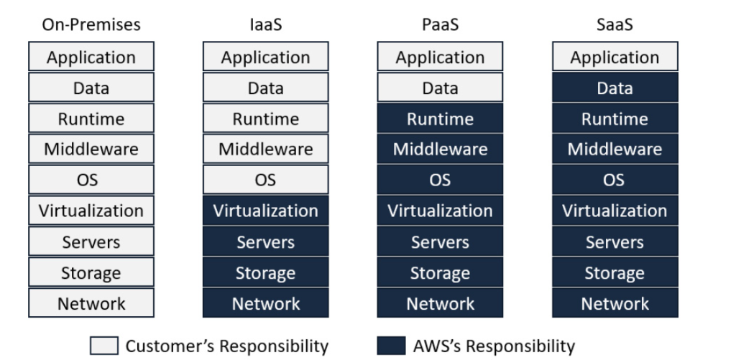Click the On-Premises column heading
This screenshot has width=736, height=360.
[x=91, y=24]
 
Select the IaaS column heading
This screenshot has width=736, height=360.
[x=265, y=24]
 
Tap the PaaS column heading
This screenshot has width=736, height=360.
[x=440, y=24]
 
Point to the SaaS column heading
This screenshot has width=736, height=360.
[x=615, y=24]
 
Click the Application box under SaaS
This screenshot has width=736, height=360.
[x=615, y=57]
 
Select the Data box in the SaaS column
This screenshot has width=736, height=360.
[x=615, y=88]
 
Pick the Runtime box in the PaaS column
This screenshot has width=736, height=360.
[x=440, y=119]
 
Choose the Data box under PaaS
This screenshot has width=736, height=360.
[x=440, y=88]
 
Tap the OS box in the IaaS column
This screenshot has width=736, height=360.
[x=265, y=180]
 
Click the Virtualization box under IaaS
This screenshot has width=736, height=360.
[x=265, y=211]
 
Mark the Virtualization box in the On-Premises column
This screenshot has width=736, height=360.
[x=91, y=211]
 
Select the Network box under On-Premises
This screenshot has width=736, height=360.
[x=91, y=303]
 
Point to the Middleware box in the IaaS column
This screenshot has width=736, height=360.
[x=265, y=149]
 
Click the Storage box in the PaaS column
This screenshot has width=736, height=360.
[x=440, y=272]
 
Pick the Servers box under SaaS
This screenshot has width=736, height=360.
[x=615, y=241]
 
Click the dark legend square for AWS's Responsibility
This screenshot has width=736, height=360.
[x=391, y=346]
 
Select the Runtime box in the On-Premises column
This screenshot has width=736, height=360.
[x=91, y=119]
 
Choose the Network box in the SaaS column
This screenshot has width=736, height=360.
[x=615, y=303]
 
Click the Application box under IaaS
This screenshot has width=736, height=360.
[x=265, y=57]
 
